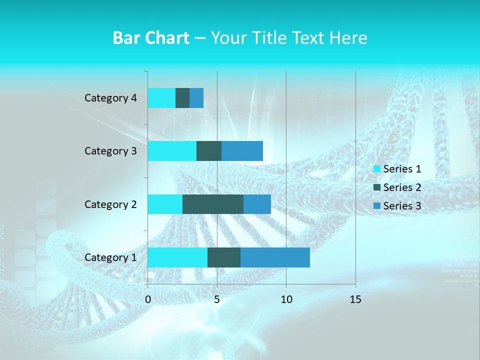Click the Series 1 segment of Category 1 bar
coord(177,257)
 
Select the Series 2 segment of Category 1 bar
coord(224,257)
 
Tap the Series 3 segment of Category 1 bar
coord(275,257)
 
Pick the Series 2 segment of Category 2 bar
coord(213,204)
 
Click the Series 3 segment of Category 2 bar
coord(257,204)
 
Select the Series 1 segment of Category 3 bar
coord(172,151)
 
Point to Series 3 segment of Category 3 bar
coord(242,151)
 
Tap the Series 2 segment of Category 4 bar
coord(182,98)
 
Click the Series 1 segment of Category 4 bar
coord(161,98)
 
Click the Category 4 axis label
coord(110,98)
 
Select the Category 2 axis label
coord(110,204)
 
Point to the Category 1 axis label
coord(110,257)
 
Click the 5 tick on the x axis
coord(217,299)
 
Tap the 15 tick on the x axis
coord(355,299)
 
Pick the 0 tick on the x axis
coord(148,299)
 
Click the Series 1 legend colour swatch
coord(377,169)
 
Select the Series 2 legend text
coord(402,187)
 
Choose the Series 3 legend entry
coord(397,206)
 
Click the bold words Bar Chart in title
coord(151,38)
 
